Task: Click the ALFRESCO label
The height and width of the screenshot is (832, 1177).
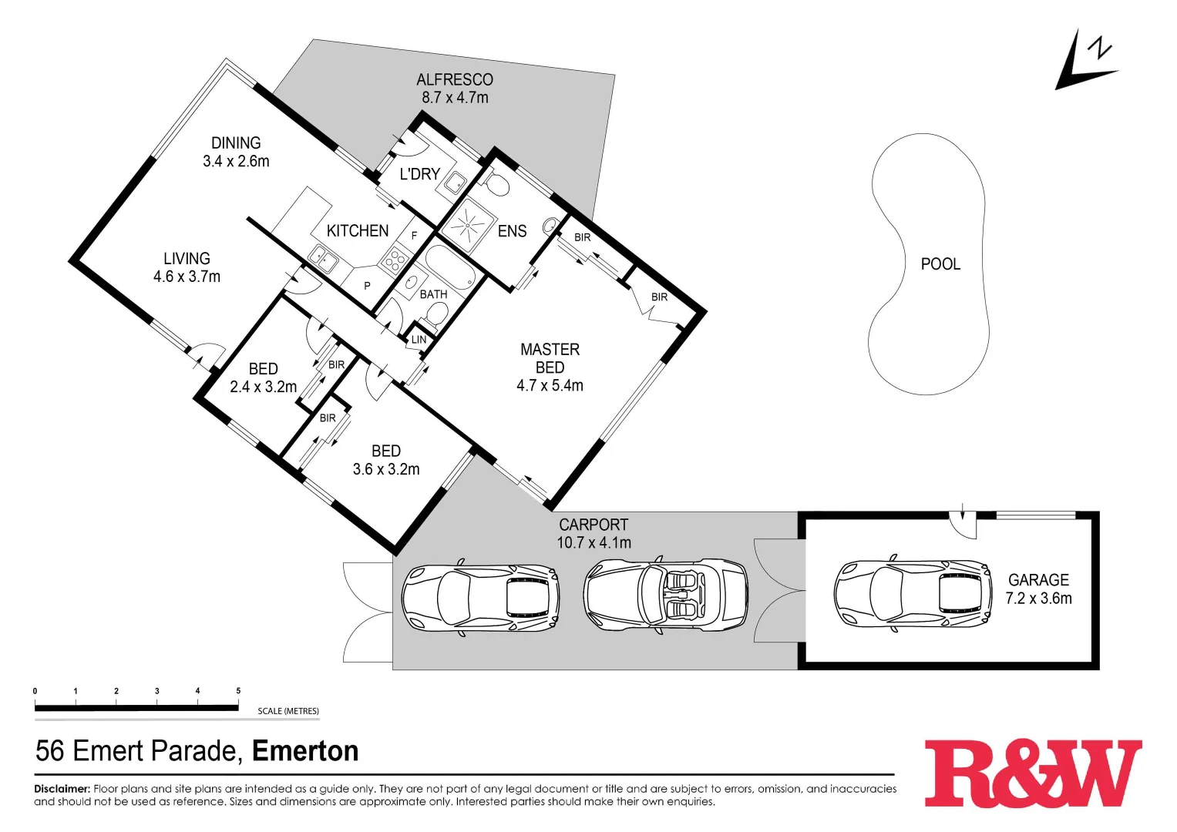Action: (x=454, y=79)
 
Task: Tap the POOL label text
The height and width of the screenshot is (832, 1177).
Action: (x=940, y=264)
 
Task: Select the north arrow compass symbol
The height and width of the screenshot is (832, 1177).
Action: (x=1085, y=62)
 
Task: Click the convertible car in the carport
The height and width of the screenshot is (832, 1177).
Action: (x=665, y=595)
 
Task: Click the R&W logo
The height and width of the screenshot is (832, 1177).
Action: (x=1032, y=773)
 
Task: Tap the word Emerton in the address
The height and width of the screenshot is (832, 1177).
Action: (x=305, y=751)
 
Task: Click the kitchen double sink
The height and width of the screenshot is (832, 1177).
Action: (x=324, y=258)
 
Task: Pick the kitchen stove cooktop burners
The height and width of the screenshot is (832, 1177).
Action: (x=396, y=257)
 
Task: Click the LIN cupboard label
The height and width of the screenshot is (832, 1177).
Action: (x=419, y=340)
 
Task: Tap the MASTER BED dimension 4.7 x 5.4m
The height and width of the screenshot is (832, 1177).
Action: (x=550, y=386)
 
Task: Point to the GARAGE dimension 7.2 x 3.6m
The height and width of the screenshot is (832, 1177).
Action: (x=1038, y=599)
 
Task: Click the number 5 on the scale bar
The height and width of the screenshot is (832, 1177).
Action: (x=238, y=691)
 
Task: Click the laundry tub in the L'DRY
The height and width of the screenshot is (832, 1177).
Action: (x=456, y=183)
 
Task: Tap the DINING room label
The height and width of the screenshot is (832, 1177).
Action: (x=236, y=143)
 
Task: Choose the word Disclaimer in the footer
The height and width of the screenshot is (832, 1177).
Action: (x=62, y=789)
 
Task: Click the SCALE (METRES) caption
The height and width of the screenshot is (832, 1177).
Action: (x=288, y=711)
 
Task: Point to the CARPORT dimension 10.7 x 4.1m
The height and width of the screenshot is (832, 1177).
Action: (x=594, y=543)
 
